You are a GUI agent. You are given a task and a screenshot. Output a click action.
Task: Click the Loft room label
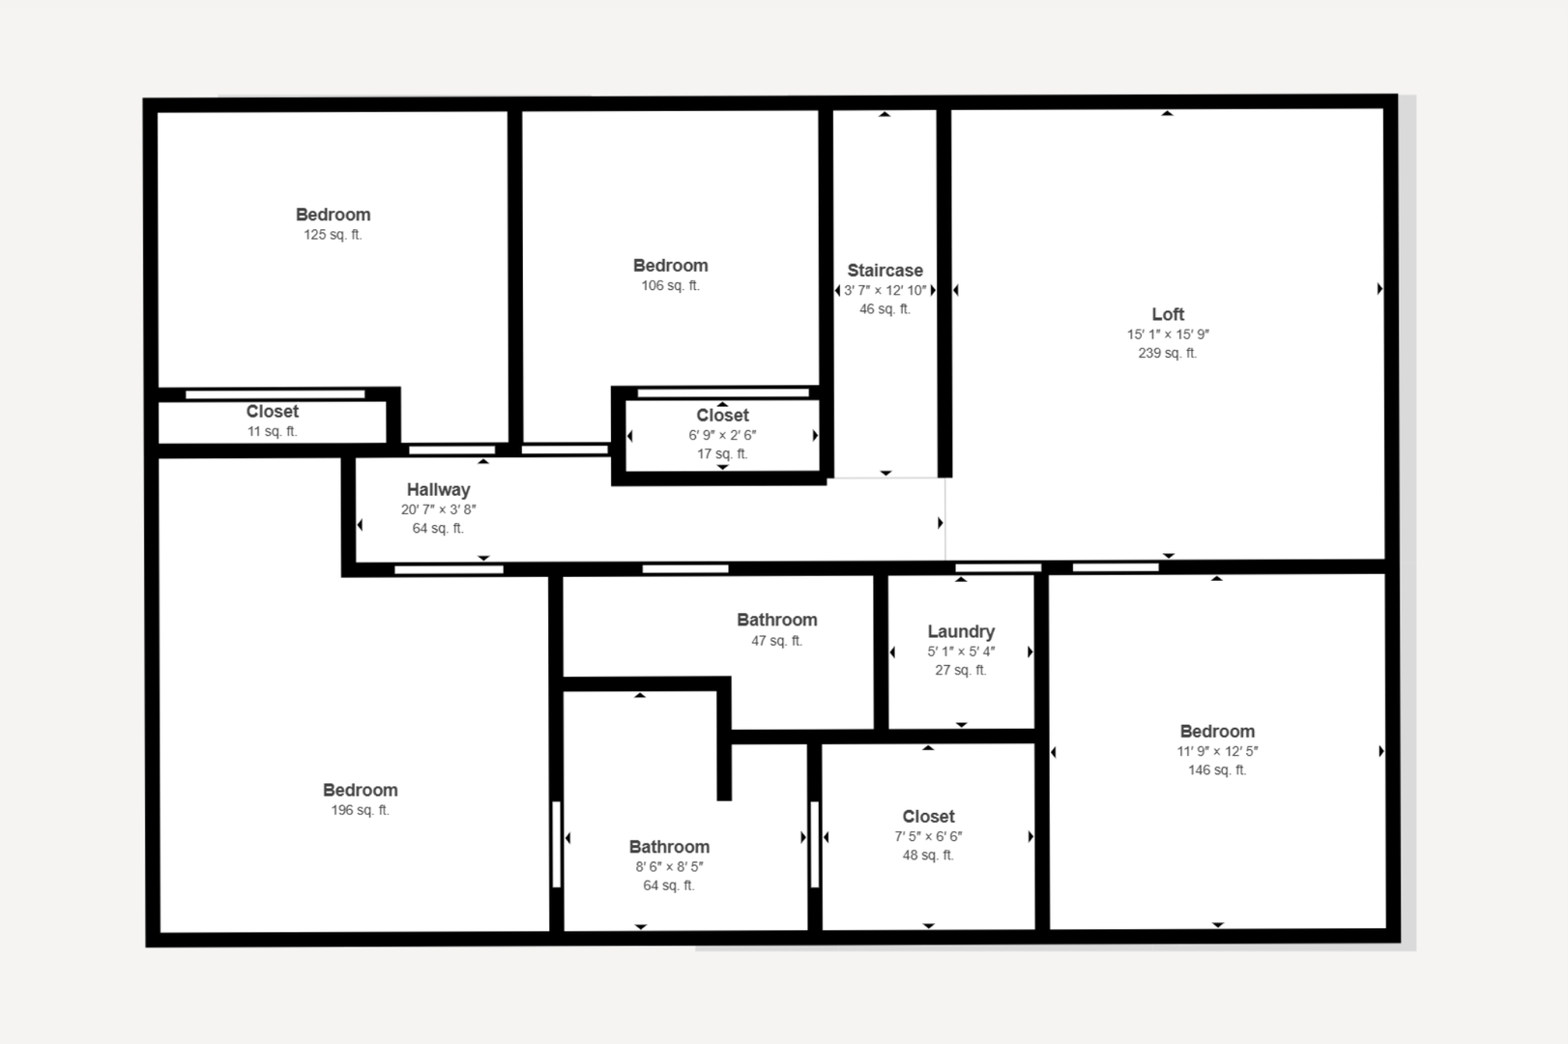[x=1168, y=314]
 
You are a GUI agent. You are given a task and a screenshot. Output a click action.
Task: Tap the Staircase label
[x=885, y=271]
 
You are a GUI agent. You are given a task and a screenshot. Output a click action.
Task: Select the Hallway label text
[x=438, y=489]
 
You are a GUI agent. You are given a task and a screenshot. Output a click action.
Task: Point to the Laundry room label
[x=961, y=631]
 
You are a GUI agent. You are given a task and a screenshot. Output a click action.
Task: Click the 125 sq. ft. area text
[x=333, y=235]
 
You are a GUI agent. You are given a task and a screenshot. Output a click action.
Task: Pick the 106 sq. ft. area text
[x=671, y=286]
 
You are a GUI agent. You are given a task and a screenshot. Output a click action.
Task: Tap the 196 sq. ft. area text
[x=360, y=810]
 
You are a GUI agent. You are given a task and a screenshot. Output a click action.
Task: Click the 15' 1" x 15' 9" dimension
[x=1168, y=334]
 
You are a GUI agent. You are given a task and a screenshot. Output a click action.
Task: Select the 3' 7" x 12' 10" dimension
[x=885, y=290]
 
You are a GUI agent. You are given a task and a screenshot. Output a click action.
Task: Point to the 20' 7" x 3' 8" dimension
[x=438, y=509]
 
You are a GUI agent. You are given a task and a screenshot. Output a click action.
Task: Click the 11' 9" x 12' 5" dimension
[x=1217, y=751]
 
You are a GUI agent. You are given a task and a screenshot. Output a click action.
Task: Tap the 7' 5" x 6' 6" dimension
[x=928, y=836]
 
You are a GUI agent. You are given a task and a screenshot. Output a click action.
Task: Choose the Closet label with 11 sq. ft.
[x=273, y=411]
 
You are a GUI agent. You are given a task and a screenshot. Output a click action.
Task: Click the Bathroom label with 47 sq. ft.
[x=777, y=620]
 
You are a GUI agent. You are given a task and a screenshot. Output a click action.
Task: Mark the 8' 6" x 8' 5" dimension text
[x=669, y=866]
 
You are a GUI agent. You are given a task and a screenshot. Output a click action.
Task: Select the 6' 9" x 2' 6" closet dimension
[x=722, y=435]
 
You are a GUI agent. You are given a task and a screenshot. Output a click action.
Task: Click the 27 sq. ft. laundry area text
[x=961, y=670]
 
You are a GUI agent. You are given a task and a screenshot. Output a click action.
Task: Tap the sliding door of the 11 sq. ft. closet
[x=276, y=395]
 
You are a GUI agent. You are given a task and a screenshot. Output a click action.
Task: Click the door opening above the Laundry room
[x=999, y=567]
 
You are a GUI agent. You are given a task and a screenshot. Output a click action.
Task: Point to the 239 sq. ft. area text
[x=1168, y=353]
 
